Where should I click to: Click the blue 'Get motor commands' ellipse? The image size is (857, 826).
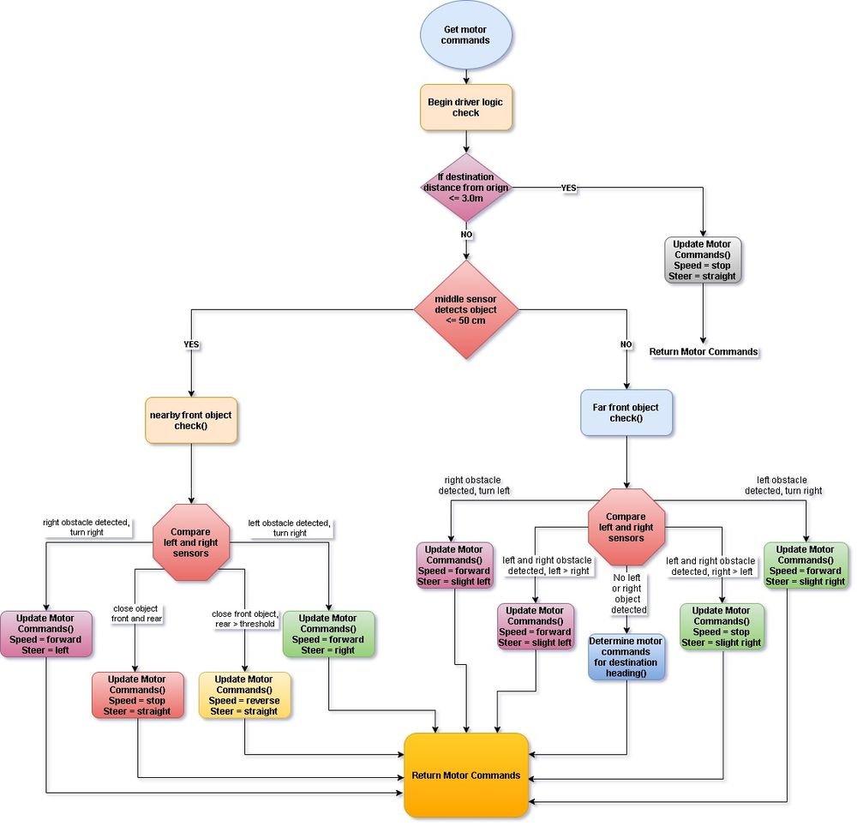465,35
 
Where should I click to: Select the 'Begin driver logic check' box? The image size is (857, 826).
465,107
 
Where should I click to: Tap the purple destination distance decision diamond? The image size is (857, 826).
465,188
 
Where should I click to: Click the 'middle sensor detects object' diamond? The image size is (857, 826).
465,309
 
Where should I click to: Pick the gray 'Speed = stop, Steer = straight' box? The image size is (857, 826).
703,260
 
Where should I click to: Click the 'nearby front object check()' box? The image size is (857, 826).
191,420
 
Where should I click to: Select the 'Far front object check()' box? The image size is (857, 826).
626,412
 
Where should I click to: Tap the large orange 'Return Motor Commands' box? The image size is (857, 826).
465,775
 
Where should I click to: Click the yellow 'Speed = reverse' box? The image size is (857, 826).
244,695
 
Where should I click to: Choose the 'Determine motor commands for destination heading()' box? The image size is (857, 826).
626,656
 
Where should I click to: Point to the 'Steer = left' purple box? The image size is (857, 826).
45,634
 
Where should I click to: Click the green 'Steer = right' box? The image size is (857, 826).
328,634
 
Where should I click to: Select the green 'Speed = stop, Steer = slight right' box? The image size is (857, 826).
722,626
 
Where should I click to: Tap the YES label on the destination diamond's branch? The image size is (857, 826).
568,188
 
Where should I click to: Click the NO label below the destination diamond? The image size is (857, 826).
466,235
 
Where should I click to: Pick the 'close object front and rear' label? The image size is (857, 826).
136,614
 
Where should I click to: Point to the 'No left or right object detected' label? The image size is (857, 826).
628,593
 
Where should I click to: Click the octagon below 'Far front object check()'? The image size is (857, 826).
626,527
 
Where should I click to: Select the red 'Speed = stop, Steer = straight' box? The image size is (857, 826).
137,695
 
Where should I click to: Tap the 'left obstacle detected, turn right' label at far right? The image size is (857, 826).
782,485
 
